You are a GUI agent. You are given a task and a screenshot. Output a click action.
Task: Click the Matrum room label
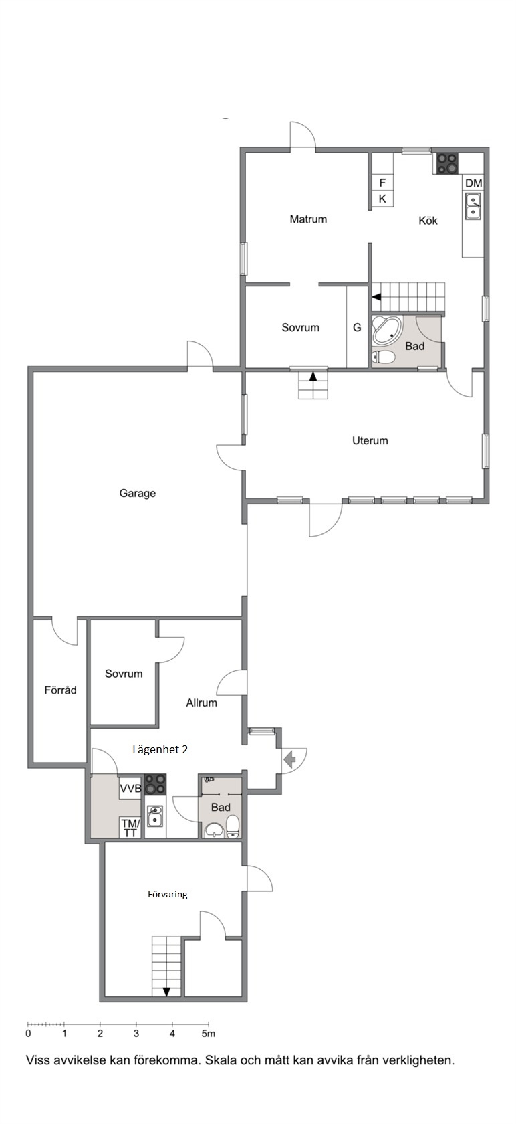(308, 219)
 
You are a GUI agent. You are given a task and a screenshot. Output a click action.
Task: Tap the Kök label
(428, 220)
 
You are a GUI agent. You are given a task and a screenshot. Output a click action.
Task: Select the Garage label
(138, 493)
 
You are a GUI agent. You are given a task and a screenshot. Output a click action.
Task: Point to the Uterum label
(370, 440)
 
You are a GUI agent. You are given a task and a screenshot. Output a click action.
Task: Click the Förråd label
(61, 690)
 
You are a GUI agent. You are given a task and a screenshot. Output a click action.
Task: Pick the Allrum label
(202, 702)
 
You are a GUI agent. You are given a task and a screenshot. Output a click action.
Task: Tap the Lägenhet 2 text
(160, 749)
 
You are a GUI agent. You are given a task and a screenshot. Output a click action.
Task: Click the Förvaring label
(168, 894)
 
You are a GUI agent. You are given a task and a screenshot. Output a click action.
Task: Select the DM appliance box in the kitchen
(473, 183)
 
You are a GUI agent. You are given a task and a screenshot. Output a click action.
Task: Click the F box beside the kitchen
(382, 183)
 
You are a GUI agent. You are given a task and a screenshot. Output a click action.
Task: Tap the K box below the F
(382, 199)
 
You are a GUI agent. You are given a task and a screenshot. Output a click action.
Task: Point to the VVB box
(130, 788)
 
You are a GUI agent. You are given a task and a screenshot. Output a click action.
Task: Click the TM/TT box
(130, 828)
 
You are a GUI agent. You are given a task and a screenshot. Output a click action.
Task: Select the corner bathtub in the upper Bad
(386, 331)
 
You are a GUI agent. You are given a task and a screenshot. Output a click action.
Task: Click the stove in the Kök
(446, 163)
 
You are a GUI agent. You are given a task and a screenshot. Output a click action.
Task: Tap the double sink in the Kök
(473, 207)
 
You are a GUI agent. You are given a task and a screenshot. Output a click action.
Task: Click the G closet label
(357, 328)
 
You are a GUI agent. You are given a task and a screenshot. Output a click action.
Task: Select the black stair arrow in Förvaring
(166, 991)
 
